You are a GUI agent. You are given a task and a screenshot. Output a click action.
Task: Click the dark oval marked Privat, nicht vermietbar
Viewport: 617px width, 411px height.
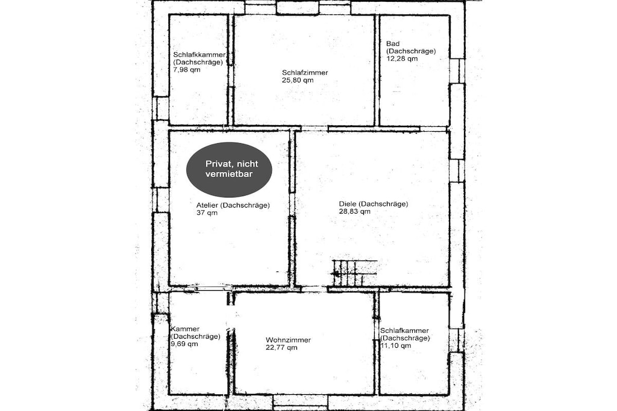pos(229,169)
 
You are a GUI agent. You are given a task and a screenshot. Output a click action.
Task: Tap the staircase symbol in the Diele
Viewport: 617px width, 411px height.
pos(354,273)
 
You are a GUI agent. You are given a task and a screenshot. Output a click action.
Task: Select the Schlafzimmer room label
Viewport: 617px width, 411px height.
pos(305,73)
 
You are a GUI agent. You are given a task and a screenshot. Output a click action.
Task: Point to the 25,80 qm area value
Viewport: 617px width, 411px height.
pos(298,80)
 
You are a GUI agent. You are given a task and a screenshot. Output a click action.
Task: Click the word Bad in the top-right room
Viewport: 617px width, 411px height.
pos(393,43)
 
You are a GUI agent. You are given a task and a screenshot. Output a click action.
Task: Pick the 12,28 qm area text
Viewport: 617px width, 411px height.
pos(402,58)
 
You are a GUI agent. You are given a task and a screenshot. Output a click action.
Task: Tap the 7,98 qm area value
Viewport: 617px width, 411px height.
pos(187,70)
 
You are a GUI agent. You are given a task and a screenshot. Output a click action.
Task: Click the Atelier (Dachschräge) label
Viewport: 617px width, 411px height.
pos(233,205)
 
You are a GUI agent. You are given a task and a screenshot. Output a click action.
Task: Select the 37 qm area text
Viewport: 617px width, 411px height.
pos(207,213)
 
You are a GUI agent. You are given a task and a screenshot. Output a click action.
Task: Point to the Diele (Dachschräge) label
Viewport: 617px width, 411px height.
pos(374,204)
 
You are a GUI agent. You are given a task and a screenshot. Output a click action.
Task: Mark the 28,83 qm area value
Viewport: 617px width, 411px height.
pos(354,211)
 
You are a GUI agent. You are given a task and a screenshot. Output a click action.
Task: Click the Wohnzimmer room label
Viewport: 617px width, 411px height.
pos(289,340)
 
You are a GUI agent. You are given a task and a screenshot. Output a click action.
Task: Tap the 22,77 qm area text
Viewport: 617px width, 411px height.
pos(282,348)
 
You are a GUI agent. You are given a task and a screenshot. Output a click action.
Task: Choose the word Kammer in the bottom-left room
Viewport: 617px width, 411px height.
pos(186,329)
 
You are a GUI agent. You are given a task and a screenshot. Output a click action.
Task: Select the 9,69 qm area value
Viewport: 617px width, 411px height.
pos(184,344)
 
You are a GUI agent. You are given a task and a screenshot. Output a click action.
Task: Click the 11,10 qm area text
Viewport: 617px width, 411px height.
pos(396,346)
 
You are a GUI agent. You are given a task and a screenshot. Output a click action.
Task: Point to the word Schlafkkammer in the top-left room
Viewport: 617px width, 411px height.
pos(199,55)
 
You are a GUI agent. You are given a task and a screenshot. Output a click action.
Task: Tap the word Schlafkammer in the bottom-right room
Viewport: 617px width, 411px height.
pos(404,331)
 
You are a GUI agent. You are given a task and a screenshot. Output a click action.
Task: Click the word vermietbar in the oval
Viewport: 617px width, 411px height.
pos(229,174)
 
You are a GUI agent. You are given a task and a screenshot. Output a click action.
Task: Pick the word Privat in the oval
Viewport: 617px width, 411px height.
pos(218,164)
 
